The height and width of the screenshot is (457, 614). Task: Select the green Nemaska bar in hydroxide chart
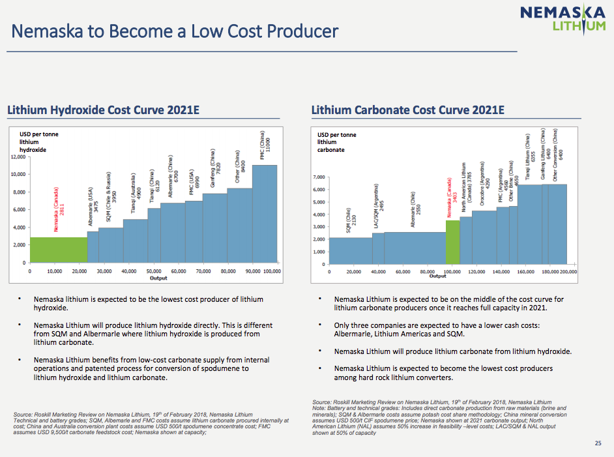pos(59,250)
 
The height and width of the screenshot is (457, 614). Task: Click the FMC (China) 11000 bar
pos(265,214)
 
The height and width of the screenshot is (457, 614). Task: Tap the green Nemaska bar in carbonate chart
pos(453,243)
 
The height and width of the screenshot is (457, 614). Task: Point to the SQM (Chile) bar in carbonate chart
pos(351,251)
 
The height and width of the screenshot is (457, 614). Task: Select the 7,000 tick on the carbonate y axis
pos(318,177)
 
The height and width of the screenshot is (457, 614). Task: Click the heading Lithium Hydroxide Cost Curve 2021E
pos(103,110)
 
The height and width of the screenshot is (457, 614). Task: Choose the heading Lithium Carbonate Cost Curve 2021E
pos(408,110)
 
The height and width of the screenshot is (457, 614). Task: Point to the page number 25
pos(598,443)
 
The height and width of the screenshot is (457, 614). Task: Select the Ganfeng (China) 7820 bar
pos(214,228)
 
